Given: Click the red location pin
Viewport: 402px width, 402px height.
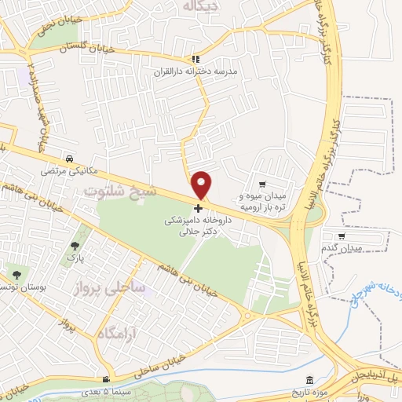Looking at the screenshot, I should click(x=203, y=184).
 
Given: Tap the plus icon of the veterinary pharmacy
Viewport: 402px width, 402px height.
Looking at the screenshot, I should click(x=198, y=208).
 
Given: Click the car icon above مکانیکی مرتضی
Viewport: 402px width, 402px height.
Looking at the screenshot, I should click(x=71, y=156).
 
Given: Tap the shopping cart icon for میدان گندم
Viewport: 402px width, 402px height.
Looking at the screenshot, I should click(x=341, y=236).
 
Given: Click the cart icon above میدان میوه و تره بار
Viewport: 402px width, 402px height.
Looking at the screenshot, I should click(x=261, y=185).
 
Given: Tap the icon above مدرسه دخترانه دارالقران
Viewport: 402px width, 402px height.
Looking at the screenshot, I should click(x=196, y=58).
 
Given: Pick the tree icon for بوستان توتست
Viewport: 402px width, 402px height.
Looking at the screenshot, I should click(x=17, y=274).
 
